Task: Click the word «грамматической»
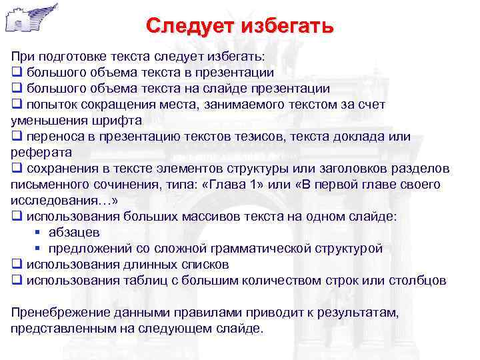pyautogui.click(x=259, y=249)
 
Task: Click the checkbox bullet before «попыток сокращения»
pyautogui.click(x=17, y=105)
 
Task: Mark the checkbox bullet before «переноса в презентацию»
pyautogui.click(x=17, y=137)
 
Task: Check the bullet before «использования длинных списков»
pyautogui.click(x=17, y=265)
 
